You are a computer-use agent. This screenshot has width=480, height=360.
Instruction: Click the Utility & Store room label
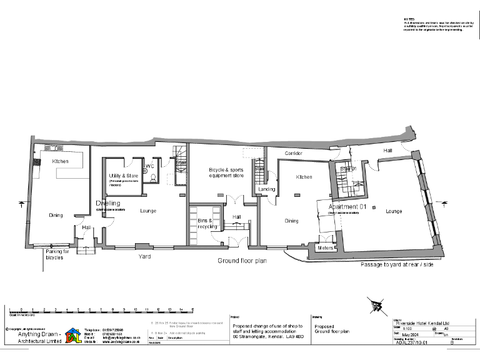tap(123, 176)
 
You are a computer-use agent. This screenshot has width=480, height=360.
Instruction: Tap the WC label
tap(149, 167)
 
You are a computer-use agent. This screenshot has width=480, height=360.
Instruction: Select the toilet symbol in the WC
tap(152, 177)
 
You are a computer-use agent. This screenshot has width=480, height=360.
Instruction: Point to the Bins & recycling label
tap(206, 224)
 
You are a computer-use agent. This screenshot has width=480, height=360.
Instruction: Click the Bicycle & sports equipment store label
tap(226, 172)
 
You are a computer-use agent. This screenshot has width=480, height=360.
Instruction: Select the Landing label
tap(266, 189)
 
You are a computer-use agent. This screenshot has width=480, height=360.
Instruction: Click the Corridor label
tap(294, 153)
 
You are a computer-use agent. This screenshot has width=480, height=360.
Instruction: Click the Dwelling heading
tap(108, 203)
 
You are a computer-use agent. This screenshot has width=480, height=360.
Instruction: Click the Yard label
tap(144, 256)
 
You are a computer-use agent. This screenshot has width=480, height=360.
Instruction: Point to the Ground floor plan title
tap(242, 261)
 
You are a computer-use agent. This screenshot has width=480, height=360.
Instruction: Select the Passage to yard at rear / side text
tap(397, 265)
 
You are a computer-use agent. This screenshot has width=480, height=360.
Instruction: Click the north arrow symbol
tap(376, 306)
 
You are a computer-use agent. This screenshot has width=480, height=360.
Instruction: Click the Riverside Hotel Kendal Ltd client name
tap(422, 321)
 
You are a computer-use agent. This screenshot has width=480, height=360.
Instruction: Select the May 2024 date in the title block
tap(409, 334)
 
